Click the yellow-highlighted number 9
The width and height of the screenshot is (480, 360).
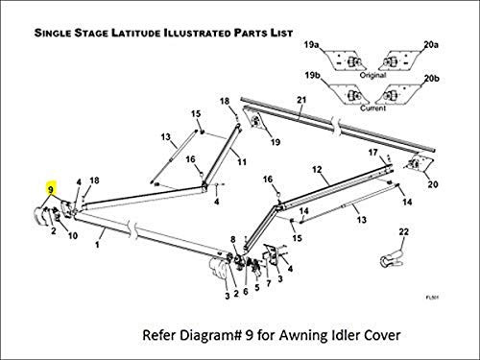[49, 190]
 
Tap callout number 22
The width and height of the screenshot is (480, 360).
[404, 231]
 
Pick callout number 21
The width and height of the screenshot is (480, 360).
[300, 101]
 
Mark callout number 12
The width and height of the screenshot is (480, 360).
[315, 169]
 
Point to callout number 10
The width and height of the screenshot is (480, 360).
[72, 237]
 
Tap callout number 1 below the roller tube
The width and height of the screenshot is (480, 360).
[97, 245]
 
